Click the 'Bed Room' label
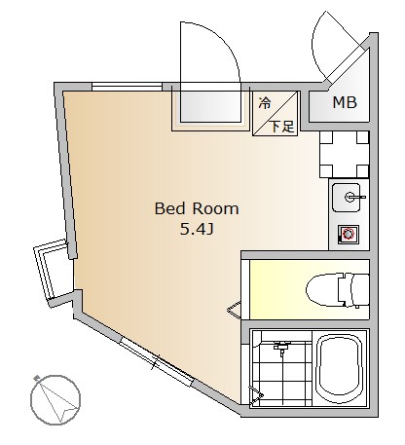pyautogui.click(x=197, y=208)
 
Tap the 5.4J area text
pyautogui.click(x=197, y=230)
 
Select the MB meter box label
pyautogui.click(x=345, y=102)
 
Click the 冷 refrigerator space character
pyautogui.click(x=265, y=103)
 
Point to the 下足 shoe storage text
pyautogui.click(x=282, y=127)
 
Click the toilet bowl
pyautogui.click(x=323, y=290)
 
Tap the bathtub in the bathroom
pyautogui.click(x=339, y=368)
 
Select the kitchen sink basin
pyautogui.click(x=347, y=197)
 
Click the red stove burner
pyautogui.click(x=349, y=234)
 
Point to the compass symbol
pyautogui.click(x=55, y=399)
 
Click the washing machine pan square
pyautogui.click(x=344, y=154)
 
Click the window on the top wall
pyautogui.click(x=127, y=87)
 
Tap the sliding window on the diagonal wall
pyautogui.click(x=157, y=361)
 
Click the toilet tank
pyautogui.click(x=353, y=289)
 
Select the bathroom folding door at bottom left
pyautogui.click(x=256, y=394)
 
